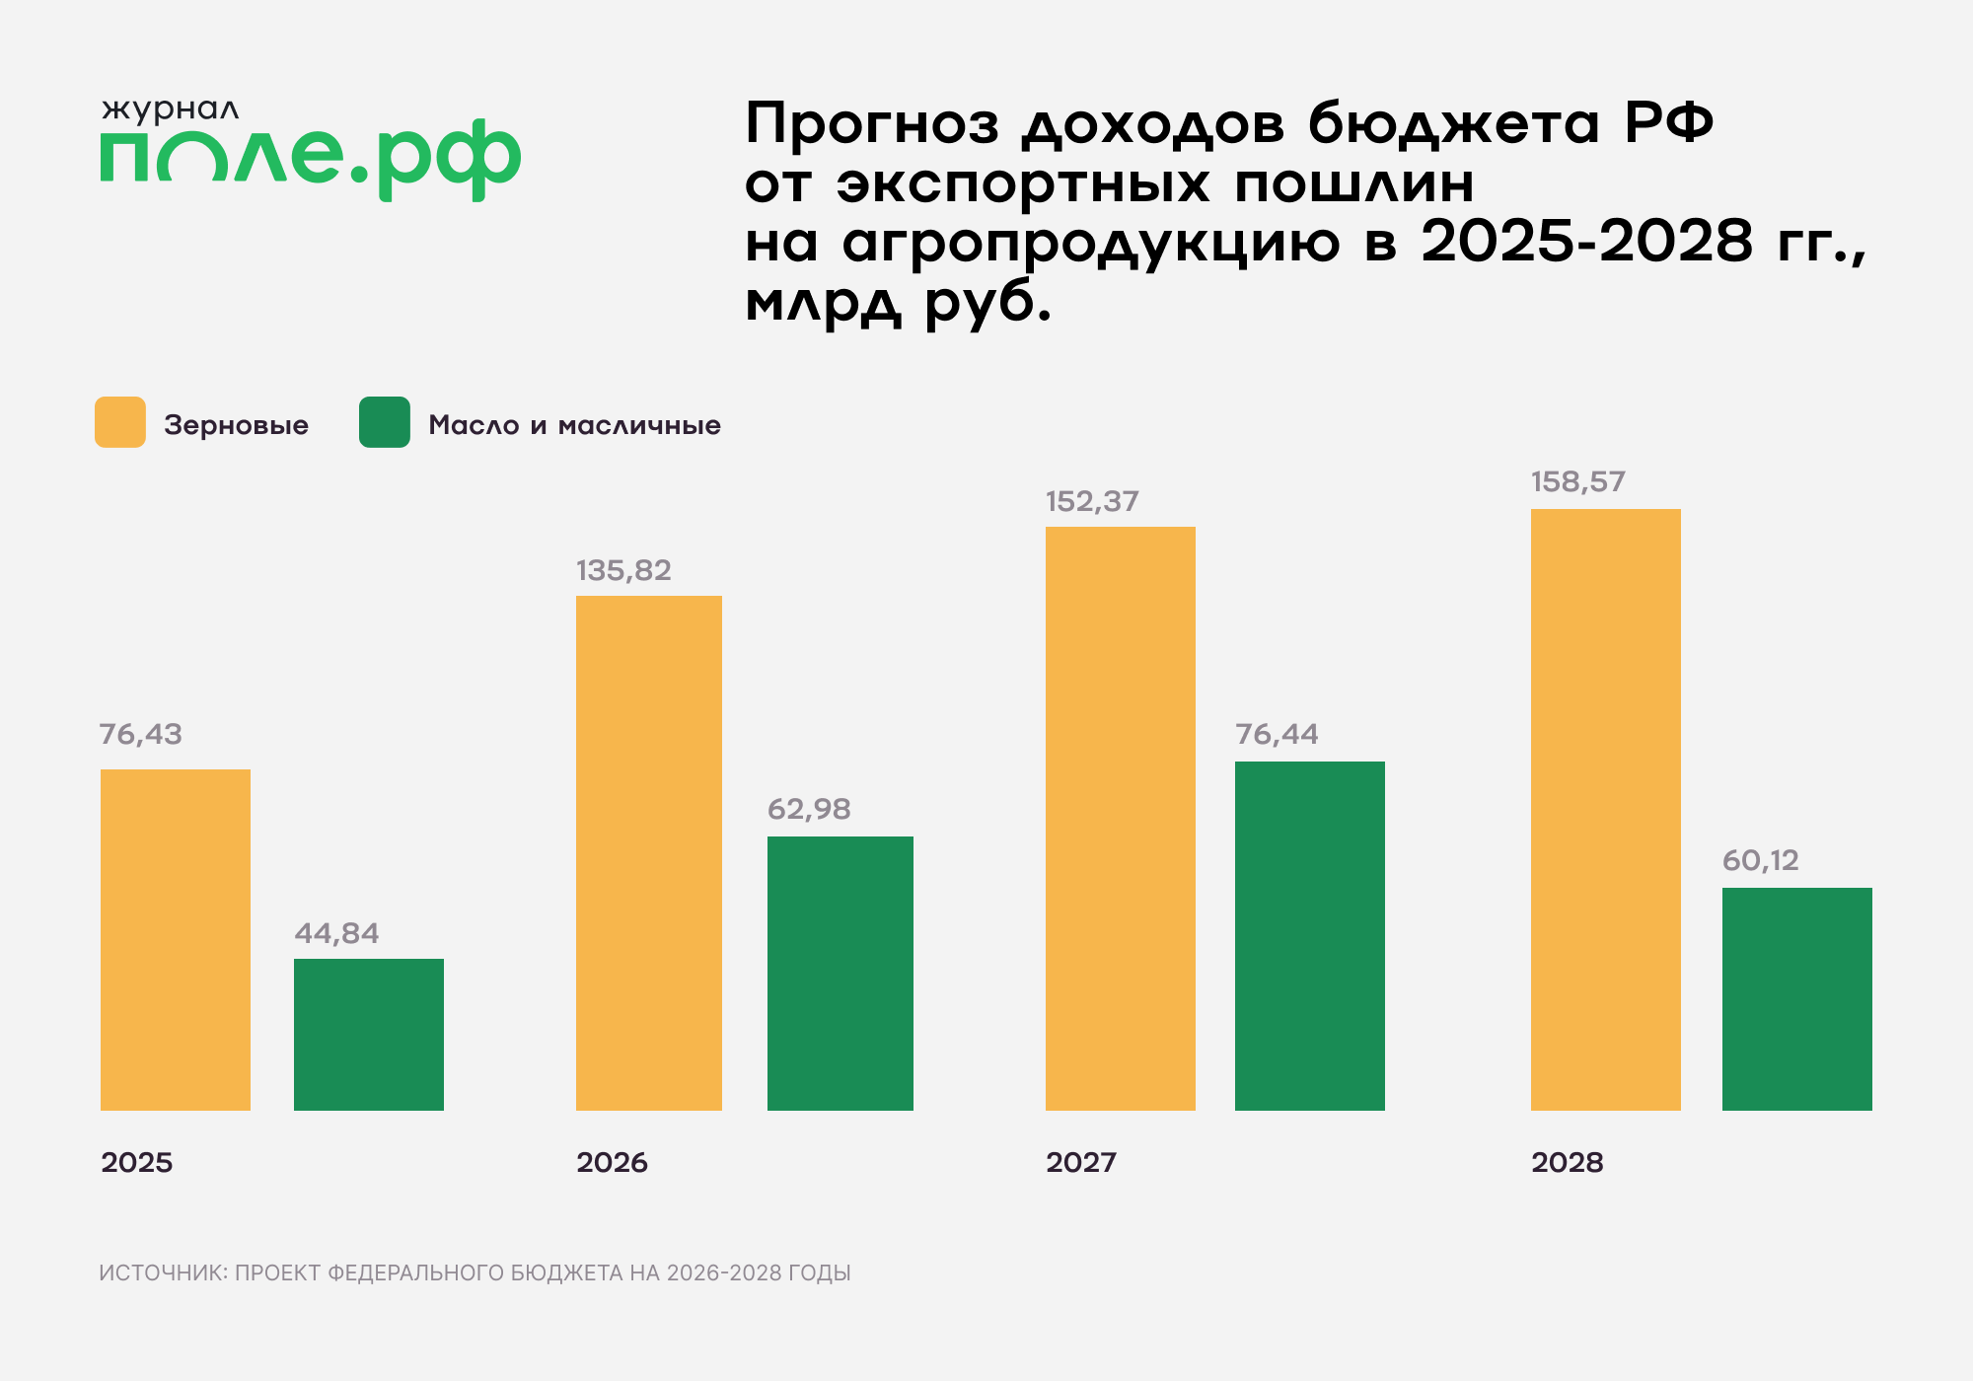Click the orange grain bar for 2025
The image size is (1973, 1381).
click(x=176, y=939)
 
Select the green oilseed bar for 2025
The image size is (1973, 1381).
click(x=369, y=1034)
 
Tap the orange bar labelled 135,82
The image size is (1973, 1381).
click(x=649, y=852)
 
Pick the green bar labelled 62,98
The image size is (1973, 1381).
click(x=840, y=973)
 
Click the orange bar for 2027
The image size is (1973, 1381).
click(x=1121, y=818)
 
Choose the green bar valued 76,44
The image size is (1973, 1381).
click(x=1310, y=935)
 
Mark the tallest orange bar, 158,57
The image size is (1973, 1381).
click(x=1606, y=809)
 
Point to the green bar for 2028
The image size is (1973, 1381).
click(x=1797, y=998)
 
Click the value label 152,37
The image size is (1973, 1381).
click(x=1092, y=501)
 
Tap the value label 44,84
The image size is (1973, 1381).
click(x=336, y=933)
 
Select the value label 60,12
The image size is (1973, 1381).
click(x=1761, y=860)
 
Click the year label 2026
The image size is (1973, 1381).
click(x=612, y=1162)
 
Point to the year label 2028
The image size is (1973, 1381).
click(x=1567, y=1162)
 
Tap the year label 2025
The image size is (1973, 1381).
click(x=136, y=1162)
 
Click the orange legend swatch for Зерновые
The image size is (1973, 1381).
click(x=120, y=422)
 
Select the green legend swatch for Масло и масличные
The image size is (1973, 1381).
click(x=385, y=422)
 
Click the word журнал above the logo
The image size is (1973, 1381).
click(x=170, y=109)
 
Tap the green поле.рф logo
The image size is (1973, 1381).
click(x=310, y=158)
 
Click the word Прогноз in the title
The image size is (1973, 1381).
click(x=872, y=125)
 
